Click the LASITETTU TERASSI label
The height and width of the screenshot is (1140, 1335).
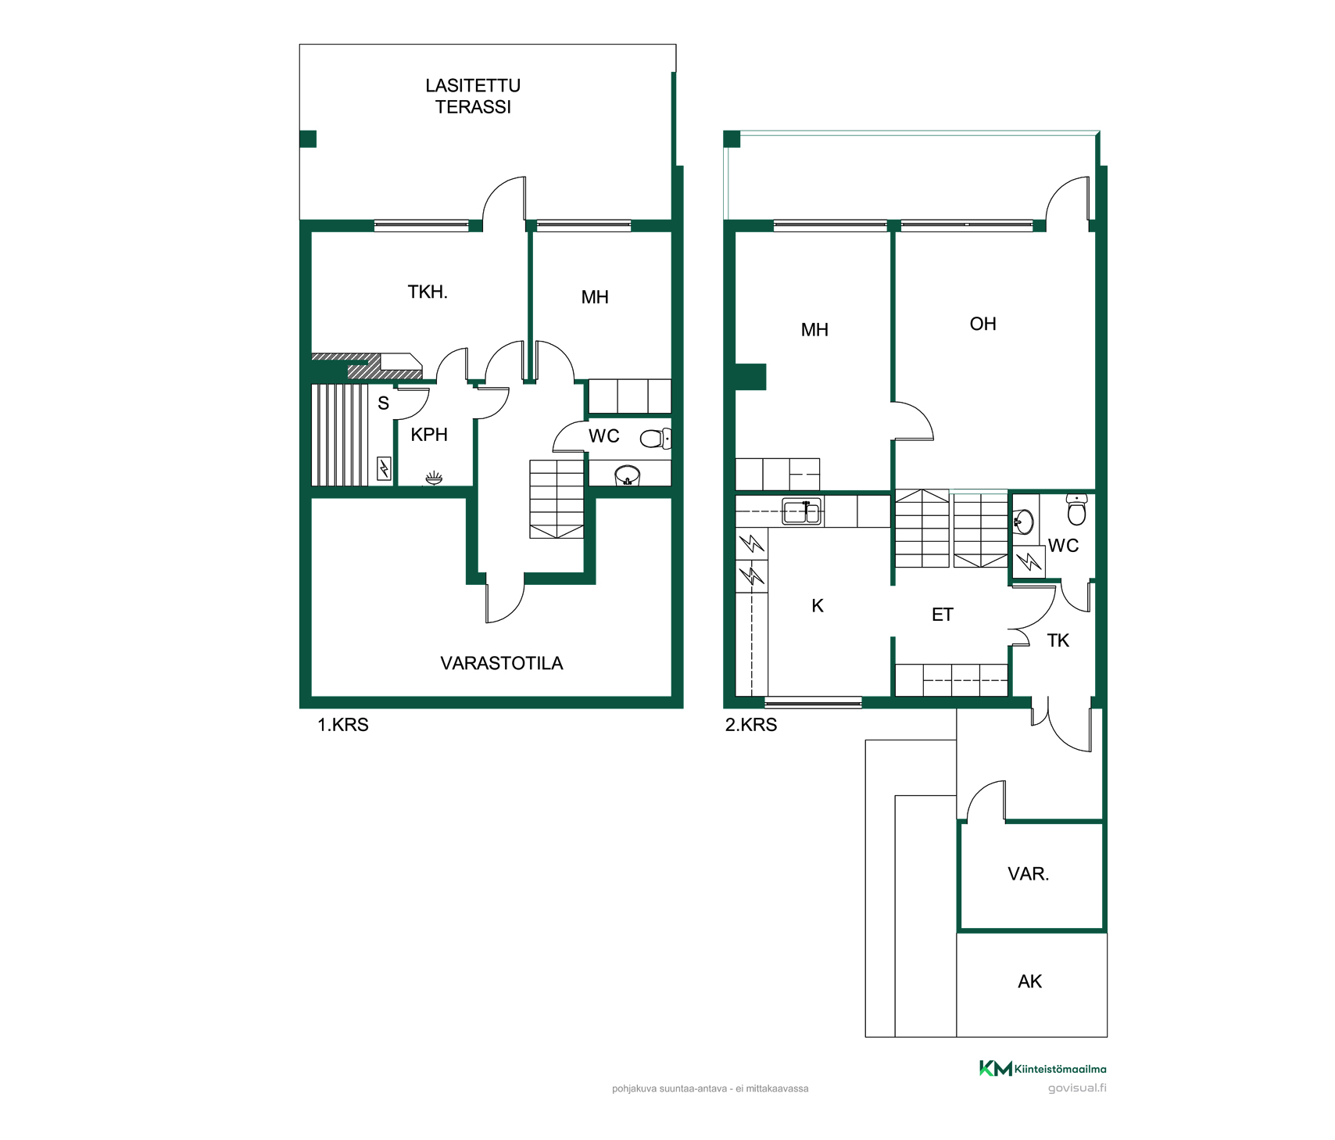click(473, 96)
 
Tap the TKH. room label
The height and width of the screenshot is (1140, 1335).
click(428, 292)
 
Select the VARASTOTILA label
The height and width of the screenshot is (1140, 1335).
click(502, 663)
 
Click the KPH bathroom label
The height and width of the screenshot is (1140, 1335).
click(429, 435)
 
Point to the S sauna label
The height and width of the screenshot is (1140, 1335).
click(383, 403)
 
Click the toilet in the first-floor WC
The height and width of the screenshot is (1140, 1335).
click(655, 439)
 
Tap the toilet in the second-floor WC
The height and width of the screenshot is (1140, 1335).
click(1076, 509)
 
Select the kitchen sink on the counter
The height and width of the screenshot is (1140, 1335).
click(802, 512)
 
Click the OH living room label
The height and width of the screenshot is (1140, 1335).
click(982, 324)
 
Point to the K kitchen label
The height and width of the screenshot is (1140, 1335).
click(818, 605)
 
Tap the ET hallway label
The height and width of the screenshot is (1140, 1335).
click(943, 615)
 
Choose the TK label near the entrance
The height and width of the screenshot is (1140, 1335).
click(1058, 641)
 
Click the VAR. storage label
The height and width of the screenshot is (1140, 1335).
click(1029, 874)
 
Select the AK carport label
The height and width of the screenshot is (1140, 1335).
click(1030, 981)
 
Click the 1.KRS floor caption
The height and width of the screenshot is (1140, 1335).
click(343, 725)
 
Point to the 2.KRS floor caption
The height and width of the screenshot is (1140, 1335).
click(751, 725)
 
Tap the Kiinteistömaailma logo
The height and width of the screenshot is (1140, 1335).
click(1043, 1068)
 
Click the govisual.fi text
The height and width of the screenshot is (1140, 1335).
click(1077, 1088)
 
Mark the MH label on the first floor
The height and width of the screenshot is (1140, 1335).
click(595, 297)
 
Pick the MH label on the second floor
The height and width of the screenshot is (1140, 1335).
click(814, 330)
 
